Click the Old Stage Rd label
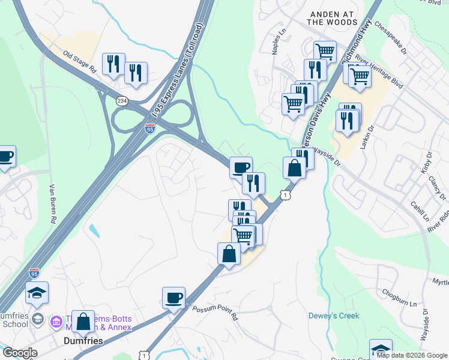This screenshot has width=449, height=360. pyautogui.click(x=80, y=61)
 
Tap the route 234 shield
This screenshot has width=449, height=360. pyautogui.click(x=122, y=101)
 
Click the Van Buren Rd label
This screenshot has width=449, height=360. pyautogui.click(x=52, y=203)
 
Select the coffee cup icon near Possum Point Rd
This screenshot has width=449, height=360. pyautogui.click(x=174, y=298)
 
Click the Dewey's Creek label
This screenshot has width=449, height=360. pyautogui.click(x=333, y=316)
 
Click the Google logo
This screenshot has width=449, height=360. pyautogui.click(x=20, y=353)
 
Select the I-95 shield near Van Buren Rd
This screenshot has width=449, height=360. pyautogui.click(x=34, y=272)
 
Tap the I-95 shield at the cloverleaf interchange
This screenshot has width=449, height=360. pyautogui.click(x=150, y=128)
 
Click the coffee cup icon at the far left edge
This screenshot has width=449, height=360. pyautogui.click(x=5, y=157)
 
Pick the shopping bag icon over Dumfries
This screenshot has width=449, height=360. pyautogui.click(x=83, y=322)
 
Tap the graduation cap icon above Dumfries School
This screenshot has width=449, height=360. pyautogui.click(x=37, y=293)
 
